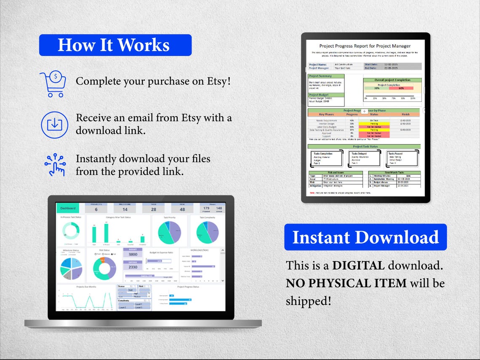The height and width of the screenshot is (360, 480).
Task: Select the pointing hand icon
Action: pos(55,164)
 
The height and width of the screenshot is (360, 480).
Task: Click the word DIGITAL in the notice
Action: pos(358,265)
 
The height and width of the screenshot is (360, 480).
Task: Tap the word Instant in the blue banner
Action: pos(320,237)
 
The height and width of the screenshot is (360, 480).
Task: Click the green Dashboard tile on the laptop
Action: pos(68,208)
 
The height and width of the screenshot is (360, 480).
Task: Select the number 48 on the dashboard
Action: pos(182,209)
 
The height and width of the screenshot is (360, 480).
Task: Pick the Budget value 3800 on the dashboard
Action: pos(133,254)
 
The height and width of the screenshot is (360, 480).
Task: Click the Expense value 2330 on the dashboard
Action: pos(133,267)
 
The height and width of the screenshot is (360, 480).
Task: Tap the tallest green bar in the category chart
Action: pos(106,233)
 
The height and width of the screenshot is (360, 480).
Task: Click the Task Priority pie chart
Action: pos(169,232)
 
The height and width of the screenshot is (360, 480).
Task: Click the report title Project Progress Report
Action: pos(365,46)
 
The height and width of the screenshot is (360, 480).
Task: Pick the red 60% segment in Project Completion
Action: pos(400,88)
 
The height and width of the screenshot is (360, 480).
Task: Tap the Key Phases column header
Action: pos(327,114)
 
